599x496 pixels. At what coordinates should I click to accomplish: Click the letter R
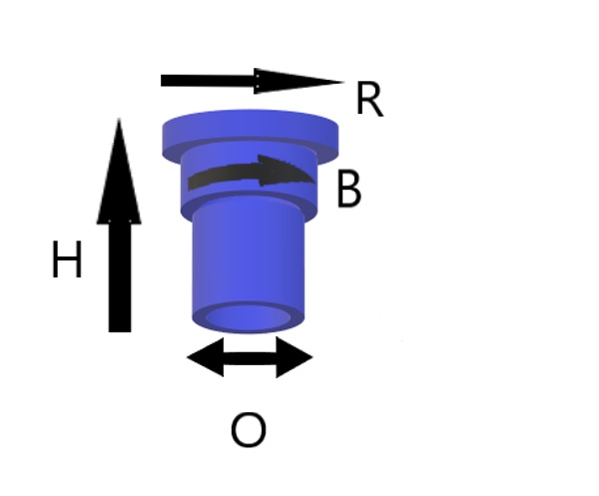pyautogui.click(x=368, y=101)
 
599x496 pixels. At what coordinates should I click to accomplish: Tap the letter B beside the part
pyautogui.click(x=348, y=190)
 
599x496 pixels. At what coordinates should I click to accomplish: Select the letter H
pyautogui.click(x=66, y=262)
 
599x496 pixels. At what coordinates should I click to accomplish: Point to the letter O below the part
pyautogui.click(x=248, y=431)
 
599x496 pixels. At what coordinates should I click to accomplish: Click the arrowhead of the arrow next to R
pyautogui.click(x=299, y=81)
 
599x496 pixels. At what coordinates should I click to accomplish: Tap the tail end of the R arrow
pyautogui.click(x=165, y=81)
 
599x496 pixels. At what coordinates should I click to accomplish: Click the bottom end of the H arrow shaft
pyautogui.click(x=119, y=326)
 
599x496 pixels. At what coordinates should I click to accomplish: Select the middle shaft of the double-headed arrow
pyautogui.click(x=250, y=356)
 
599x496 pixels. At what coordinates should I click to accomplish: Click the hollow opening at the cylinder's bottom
pyautogui.click(x=250, y=318)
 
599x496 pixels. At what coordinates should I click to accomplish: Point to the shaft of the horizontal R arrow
pyautogui.click(x=210, y=81)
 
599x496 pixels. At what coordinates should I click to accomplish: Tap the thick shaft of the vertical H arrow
pyautogui.click(x=119, y=269)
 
